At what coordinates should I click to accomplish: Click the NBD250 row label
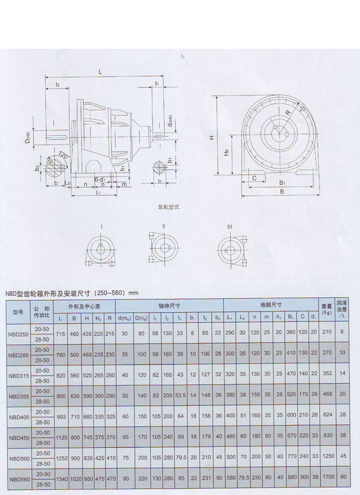(x=18, y=334)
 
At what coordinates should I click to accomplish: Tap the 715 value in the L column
(x=61, y=334)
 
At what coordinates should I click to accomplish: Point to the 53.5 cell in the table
(x=181, y=396)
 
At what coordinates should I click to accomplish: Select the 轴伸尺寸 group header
(x=169, y=305)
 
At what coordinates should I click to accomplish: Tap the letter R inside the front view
(x=289, y=112)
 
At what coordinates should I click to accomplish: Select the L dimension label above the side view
(x=100, y=72)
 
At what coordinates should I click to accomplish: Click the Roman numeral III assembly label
(x=230, y=227)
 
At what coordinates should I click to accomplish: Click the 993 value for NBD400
(x=61, y=417)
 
